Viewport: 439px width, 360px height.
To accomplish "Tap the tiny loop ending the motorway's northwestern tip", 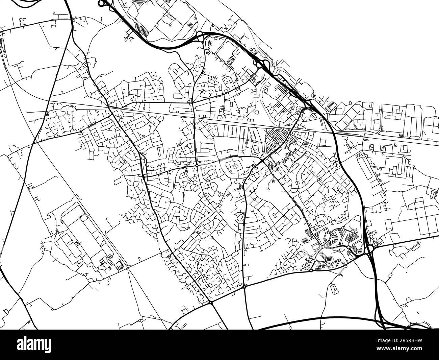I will click(101, 3).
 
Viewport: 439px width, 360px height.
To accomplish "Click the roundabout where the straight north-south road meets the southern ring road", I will click(244, 287).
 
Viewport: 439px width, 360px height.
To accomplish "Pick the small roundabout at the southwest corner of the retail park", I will click(311, 270).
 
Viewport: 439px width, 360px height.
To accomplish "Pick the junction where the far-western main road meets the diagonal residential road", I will click(35, 142).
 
